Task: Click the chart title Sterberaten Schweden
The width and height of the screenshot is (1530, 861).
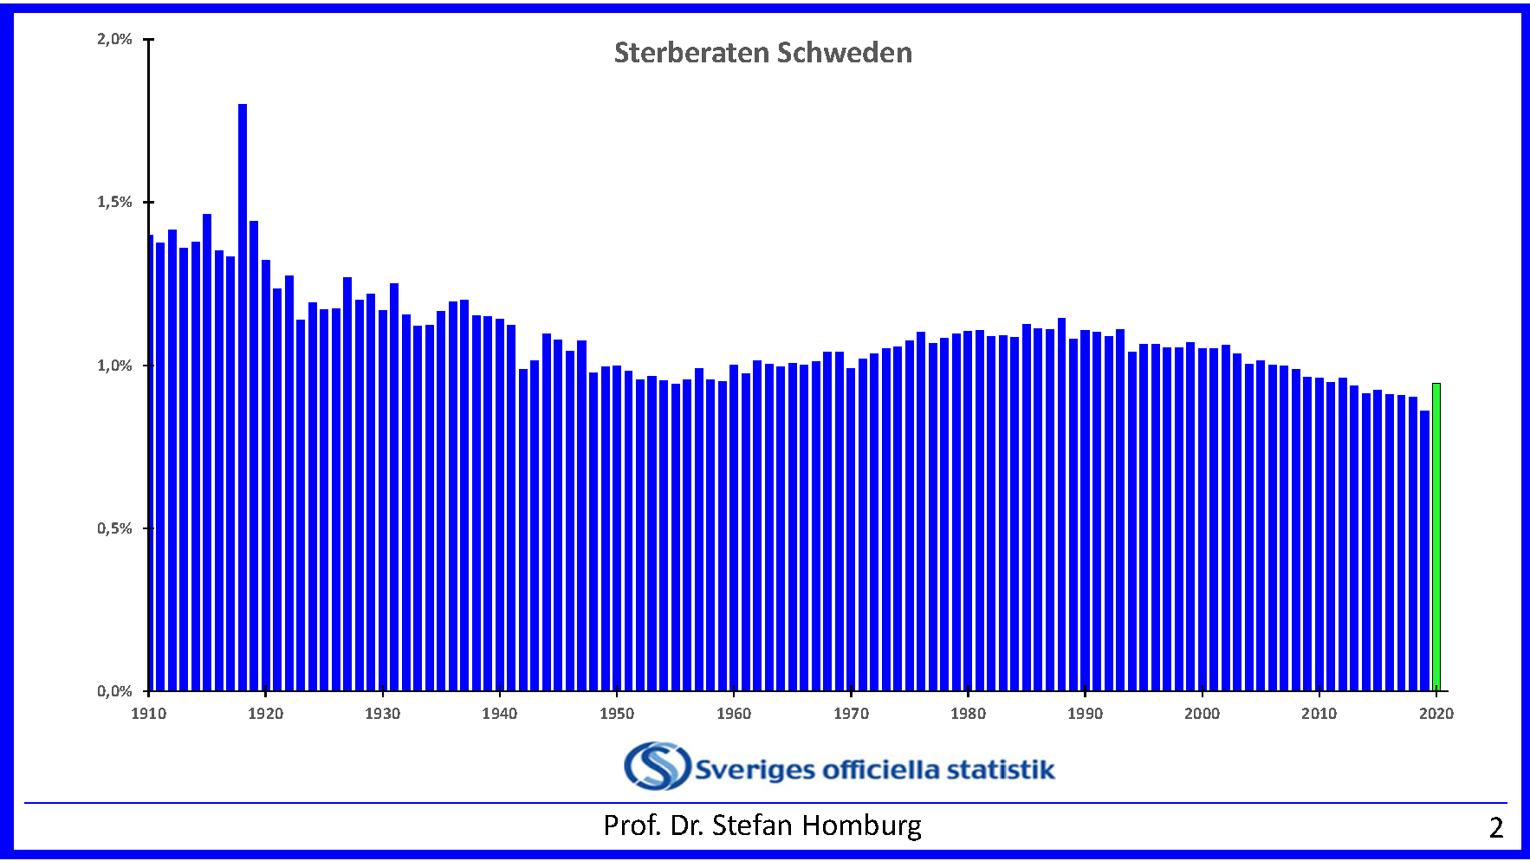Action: tap(762, 53)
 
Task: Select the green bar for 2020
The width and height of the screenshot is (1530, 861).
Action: tap(1436, 537)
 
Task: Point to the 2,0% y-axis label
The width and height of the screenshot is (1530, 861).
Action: tap(114, 39)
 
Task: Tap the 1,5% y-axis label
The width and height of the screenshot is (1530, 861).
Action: tap(114, 202)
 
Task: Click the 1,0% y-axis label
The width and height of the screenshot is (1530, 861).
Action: tap(114, 366)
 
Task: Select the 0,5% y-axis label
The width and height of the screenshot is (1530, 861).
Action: tap(114, 528)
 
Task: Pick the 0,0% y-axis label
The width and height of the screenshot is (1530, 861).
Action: tap(114, 691)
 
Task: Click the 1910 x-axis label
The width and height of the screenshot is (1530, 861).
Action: tap(148, 714)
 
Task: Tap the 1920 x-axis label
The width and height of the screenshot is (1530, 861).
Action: tap(265, 714)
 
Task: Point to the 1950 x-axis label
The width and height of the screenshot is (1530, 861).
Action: tap(617, 714)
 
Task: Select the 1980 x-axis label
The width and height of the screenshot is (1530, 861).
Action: tap(968, 714)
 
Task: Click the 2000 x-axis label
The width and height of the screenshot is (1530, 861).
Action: tap(1202, 714)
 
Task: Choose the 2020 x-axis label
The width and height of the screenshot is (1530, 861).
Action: tap(1436, 714)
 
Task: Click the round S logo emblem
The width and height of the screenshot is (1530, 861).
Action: tap(657, 766)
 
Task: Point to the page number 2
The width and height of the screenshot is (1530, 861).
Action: tap(1495, 828)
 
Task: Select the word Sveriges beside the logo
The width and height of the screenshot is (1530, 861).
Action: tap(755, 770)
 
